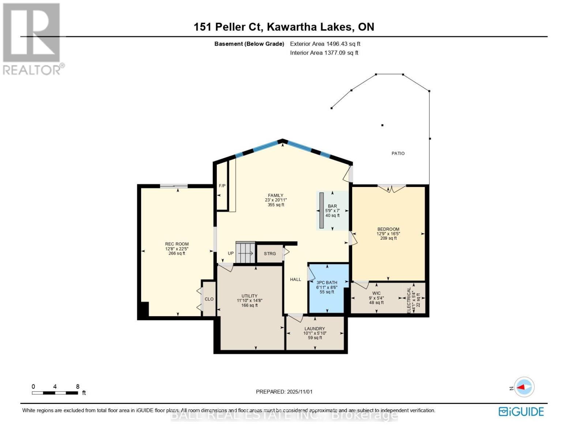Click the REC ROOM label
[177, 244]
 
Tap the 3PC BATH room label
[327, 282]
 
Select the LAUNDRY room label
[315, 329]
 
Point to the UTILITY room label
[249, 296]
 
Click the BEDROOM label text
[388, 229]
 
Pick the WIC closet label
[376, 293]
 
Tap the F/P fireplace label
[222, 186]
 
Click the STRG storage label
[270, 254]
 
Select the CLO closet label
[209, 299]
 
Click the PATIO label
[398, 153]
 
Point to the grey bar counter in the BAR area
[321, 210]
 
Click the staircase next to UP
[245, 252]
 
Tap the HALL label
[296, 279]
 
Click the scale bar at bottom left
[55, 393]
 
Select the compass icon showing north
[524, 387]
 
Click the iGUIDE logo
[521, 412]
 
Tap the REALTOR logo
[32, 38]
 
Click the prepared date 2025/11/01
[284, 391]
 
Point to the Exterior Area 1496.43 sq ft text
[325, 44]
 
